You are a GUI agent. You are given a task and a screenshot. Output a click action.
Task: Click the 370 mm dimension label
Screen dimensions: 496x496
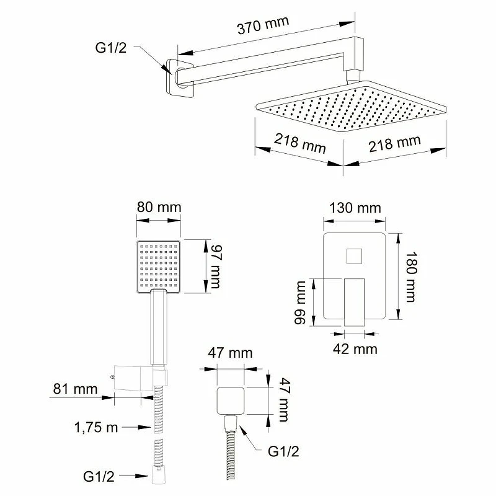[x=263, y=25]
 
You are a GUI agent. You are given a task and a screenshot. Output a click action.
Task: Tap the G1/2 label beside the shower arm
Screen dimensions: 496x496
[x=111, y=48]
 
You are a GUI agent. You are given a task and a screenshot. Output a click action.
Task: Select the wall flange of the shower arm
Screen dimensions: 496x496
[x=179, y=78]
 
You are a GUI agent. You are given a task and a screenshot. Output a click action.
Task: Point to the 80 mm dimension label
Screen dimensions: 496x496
[x=159, y=208]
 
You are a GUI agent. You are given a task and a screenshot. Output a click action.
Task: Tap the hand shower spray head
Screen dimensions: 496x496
[x=159, y=267]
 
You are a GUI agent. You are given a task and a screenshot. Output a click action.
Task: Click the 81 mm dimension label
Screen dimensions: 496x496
[x=75, y=389]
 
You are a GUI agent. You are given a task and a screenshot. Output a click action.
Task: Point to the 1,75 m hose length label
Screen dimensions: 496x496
[x=96, y=428]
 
